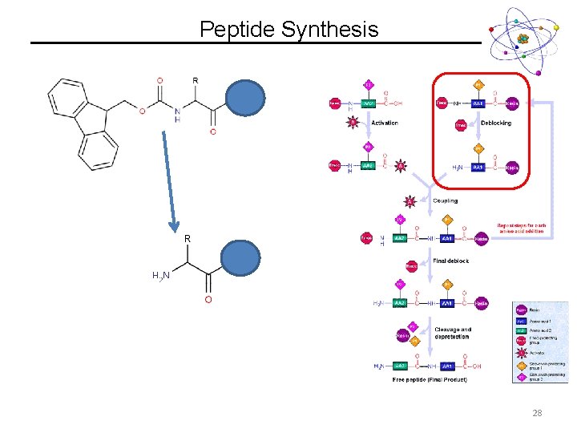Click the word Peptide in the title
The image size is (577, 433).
click(237, 30)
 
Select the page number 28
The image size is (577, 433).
click(536, 412)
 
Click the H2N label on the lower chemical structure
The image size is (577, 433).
click(161, 276)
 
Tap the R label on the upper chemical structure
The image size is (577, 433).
click(196, 81)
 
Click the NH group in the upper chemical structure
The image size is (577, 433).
click(178, 115)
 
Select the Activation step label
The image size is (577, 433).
click(384, 123)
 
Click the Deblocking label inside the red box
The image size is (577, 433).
click(495, 123)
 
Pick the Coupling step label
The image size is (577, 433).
click(445, 200)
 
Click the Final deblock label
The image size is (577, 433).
click(450, 261)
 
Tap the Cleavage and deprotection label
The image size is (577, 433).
click(453, 333)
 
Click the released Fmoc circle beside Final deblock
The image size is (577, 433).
click(411, 265)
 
